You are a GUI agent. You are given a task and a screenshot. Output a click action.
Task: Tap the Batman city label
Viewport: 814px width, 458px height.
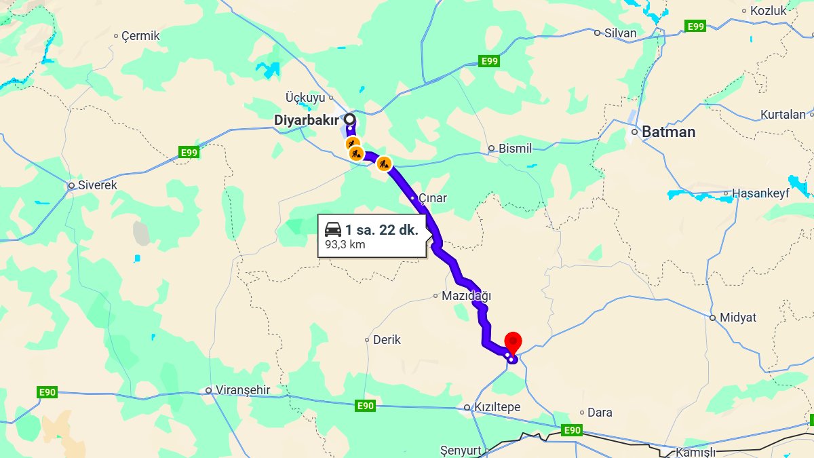[x=668, y=132]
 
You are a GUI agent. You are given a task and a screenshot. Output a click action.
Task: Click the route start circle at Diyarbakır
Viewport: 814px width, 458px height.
[x=349, y=119]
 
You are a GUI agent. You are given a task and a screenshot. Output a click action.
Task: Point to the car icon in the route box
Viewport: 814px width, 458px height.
[x=333, y=229]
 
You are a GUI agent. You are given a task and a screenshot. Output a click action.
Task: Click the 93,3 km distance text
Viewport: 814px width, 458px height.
[x=345, y=244]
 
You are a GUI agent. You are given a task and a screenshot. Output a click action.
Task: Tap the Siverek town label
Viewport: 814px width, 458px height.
[x=98, y=185]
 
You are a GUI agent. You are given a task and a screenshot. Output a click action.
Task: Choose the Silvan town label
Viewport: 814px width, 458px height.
[x=620, y=33]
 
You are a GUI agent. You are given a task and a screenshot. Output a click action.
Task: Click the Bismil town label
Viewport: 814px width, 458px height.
[x=515, y=149]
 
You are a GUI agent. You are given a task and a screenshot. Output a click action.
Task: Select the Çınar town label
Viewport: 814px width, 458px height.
[x=432, y=198]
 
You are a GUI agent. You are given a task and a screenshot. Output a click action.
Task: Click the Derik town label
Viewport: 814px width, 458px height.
[x=387, y=340]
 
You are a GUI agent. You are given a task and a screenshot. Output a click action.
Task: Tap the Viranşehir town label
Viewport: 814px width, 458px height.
[x=242, y=390]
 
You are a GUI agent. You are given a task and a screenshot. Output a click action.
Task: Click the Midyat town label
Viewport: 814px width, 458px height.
[x=738, y=317]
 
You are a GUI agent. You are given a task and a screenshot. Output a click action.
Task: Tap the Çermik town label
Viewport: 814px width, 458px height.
[x=140, y=36]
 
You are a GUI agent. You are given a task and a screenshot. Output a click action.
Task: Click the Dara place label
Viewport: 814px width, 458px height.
[x=599, y=413]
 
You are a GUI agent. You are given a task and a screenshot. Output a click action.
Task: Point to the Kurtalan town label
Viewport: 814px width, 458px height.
[x=783, y=114]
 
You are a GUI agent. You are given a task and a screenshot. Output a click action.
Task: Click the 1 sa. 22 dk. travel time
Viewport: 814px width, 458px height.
[x=381, y=229]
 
